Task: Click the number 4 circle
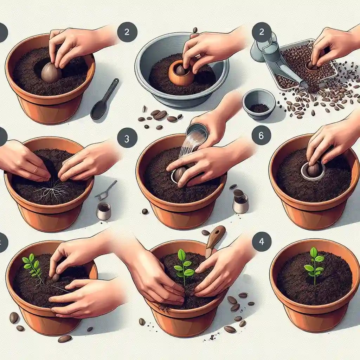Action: (262, 242)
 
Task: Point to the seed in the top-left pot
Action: (51, 72)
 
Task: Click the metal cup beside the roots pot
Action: (104, 211)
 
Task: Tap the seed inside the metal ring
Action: (313, 171)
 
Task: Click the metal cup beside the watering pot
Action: (241, 203)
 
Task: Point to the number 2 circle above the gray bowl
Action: (127, 32)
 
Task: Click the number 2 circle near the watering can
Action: (262, 32)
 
